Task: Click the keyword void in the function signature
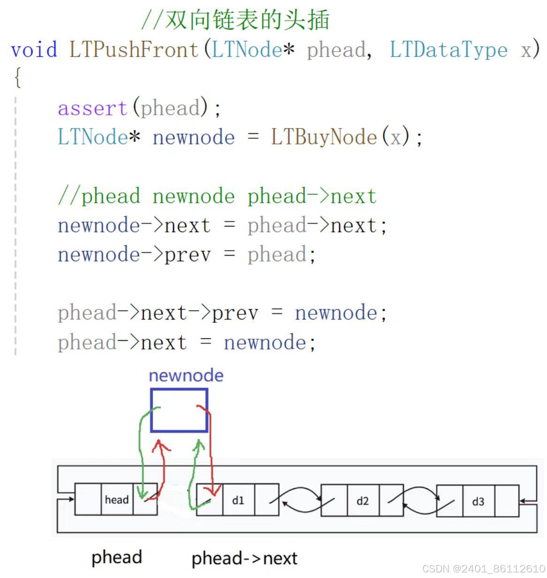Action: pyautogui.click(x=34, y=49)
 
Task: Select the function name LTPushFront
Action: pyautogui.click(x=134, y=49)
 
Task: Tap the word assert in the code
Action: pyautogui.click(x=92, y=108)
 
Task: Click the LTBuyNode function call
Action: pyautogui.click(x=324, y=137)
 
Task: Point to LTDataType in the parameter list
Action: pyautogui.click(x=448, y=49)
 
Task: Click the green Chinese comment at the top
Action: pyautogui.click(x=236, y=20)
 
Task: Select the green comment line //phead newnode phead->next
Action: pyautogui.click(x=217, y=196)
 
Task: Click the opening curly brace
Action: pyautogui.click(x=18, y=78)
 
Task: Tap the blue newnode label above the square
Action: pyautogui.click(x=186, y=375)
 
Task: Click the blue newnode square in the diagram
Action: pyautogui.click(x=179, y=410)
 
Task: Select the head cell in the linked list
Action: pyautogui.click(x=117, y=500)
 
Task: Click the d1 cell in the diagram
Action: pyautogui.click(x=238, y=500)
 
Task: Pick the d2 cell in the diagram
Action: pyautogui.click(x=363, y=501)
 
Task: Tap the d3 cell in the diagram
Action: pyautogui.click(x=478, y=502)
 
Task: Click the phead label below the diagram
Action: pyautogui.click(x=116, y=557)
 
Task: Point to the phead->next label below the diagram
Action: pyautogui.click(x=244, y=558)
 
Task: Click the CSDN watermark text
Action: pyautogui.click(x=483, y=569)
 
